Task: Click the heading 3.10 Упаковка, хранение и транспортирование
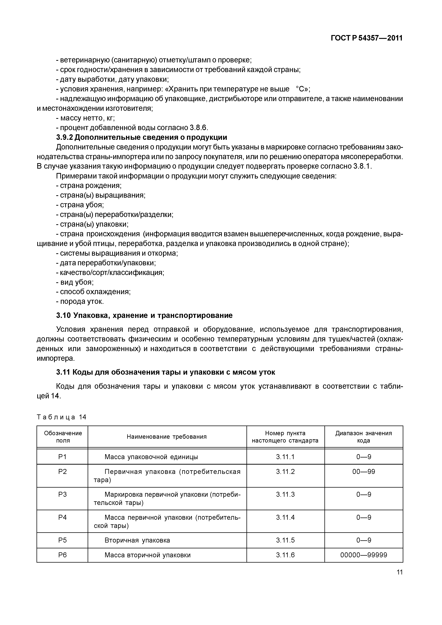point(144,315)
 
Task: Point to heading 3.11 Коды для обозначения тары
point(166,372)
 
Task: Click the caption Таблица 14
point(62,417)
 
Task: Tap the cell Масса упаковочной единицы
point(151,457)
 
